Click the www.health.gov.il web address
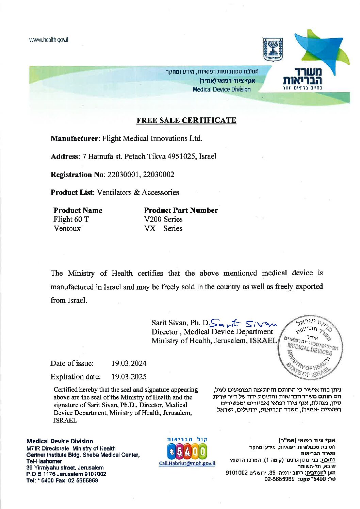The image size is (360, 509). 49,39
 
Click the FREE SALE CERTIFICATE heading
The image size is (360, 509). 186,120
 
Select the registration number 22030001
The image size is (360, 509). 123,175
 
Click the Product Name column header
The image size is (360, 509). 78,210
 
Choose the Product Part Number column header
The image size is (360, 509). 181,210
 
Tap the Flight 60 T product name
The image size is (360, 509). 71,219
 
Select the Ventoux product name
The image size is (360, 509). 67,229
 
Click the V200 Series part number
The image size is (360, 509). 163,219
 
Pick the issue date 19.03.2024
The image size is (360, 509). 129,363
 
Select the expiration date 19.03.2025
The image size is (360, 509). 129,377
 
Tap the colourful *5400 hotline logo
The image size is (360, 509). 187,452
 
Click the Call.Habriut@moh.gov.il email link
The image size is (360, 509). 187,463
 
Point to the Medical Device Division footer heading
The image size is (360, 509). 60,441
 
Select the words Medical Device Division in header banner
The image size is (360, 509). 222,89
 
